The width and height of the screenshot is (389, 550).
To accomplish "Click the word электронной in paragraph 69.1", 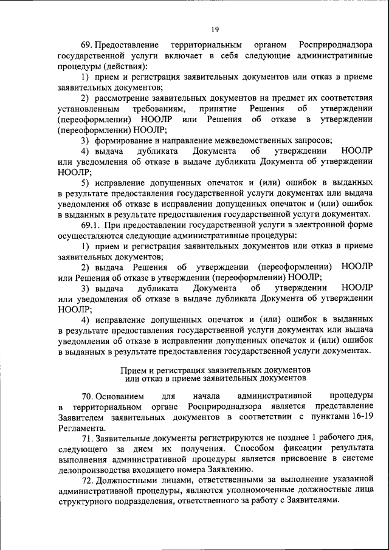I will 322,224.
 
